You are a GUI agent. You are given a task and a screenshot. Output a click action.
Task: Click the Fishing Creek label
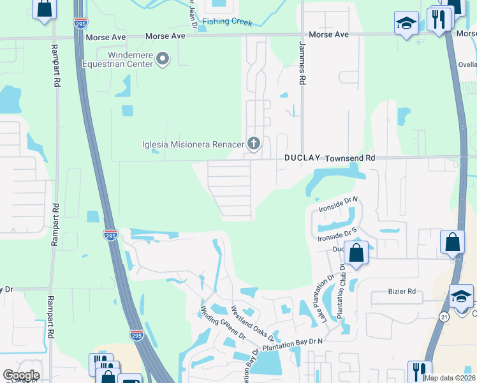[227, 22]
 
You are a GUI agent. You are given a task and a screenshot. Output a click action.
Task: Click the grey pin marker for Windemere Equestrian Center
[163, 59]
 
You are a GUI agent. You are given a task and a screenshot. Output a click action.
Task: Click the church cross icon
[254, 144]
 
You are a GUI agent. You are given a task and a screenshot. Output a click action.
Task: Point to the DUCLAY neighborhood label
[302, 158]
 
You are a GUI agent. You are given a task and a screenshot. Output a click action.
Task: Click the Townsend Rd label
[350, 158]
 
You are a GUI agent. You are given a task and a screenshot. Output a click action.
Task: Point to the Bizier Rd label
[402, 292]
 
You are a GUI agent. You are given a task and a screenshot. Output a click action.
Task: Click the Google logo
[21, 375]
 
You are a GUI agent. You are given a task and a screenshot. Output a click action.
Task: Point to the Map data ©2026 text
[449, 378]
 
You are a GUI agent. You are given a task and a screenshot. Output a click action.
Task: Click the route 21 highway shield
[444, 317]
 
